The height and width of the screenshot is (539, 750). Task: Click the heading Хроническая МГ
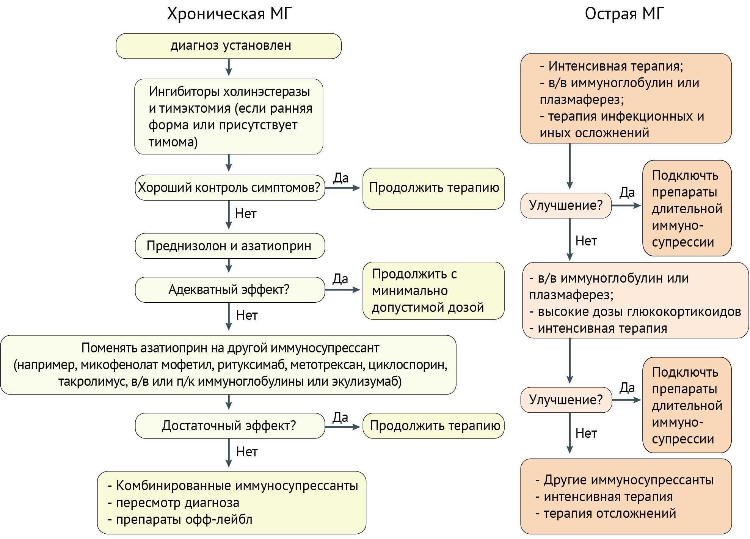pos(229,14)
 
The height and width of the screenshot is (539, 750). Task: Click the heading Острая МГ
pos(624,14)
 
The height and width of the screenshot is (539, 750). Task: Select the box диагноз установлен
pos(229,46)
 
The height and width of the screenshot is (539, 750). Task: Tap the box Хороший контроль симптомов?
pos(229,187)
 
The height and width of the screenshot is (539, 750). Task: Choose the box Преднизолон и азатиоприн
pos(229,246)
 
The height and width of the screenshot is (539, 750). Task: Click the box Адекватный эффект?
pos(229,289)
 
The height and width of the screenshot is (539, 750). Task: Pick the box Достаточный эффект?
pos(229,426)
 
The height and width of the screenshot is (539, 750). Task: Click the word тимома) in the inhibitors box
pos(173,142)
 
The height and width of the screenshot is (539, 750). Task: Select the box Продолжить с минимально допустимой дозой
pos(433,291)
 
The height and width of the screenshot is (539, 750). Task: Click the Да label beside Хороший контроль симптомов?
pos(340,178)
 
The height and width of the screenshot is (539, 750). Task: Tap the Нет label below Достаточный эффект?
pos(246,452)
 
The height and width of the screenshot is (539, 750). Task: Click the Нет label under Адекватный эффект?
pos(246,315)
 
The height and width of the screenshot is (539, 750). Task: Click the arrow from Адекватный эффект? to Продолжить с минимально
pos(342,290)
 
